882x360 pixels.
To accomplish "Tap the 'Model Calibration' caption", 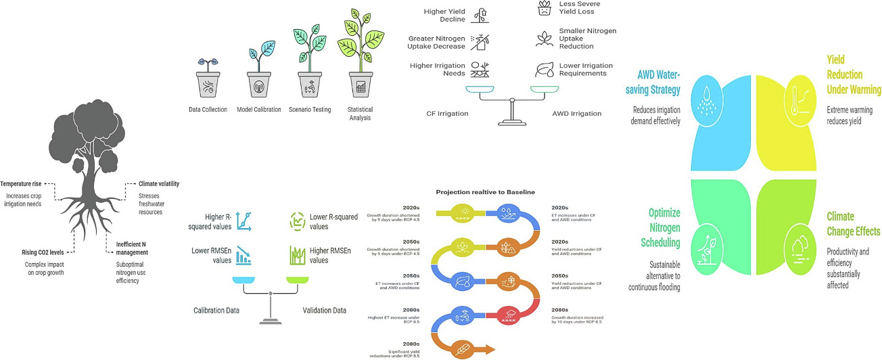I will click(259, 110).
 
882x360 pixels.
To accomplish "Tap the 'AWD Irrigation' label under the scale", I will click(577, 114).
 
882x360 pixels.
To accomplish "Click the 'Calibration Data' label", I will click(217, 311).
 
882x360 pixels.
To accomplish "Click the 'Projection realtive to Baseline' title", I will click(486, 192).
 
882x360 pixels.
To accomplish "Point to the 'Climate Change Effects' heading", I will click(854, 224).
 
